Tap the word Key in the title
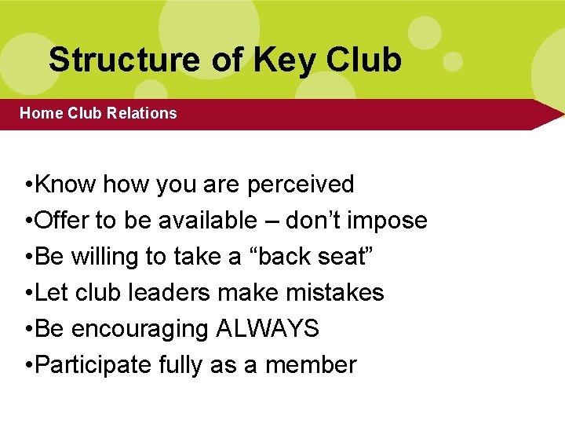click(x=275, y=60)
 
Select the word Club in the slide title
click(x=363, y=60)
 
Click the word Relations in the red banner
click(x=142, y=113)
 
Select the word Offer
click(x=63, y=221)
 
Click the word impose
click(x=388, y=221)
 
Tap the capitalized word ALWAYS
click(x=267, y=329)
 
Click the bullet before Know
click(x=28, y=185)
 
